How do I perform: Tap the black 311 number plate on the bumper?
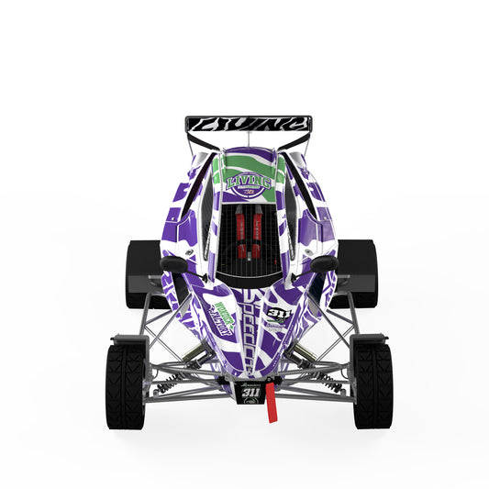tap(250, 393)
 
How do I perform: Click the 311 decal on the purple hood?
tap(279, 314)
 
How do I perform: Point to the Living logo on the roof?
tap(249, 182)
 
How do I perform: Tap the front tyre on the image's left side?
tap(125, 384)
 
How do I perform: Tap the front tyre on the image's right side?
tap(372, 384)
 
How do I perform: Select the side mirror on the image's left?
tap(172, 265)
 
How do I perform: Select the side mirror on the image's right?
tap(324, 264)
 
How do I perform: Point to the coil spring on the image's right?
tap(326, 382)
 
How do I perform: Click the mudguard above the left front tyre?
tap(126, 339)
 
